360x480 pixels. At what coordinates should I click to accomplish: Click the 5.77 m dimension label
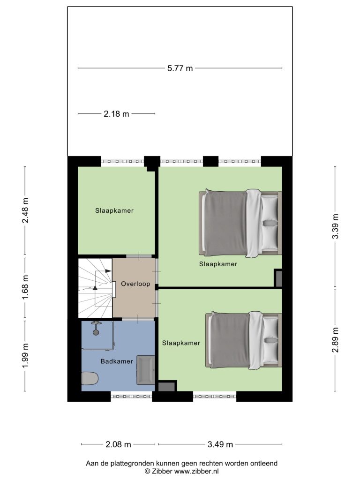180,68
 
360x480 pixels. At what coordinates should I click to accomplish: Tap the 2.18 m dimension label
116,114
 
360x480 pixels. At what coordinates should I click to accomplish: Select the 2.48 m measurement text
25,210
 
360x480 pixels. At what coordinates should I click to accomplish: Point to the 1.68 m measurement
25,287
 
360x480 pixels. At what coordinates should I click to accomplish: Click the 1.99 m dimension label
25,356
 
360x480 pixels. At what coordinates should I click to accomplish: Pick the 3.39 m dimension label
336,226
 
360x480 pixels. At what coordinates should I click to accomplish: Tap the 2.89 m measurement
336,340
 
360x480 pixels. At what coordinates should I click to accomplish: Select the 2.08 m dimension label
118,444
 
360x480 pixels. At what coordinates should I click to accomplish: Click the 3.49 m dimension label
220,444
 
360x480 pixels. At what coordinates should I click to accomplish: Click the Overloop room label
135,284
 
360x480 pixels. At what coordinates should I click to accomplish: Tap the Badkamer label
117,361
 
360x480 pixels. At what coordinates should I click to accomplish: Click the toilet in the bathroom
90,378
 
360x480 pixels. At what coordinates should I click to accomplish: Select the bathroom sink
145,370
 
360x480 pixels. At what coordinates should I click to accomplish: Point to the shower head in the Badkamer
96,328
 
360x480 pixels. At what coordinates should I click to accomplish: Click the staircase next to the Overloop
96,288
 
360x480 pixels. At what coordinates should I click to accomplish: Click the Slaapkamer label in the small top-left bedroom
114,210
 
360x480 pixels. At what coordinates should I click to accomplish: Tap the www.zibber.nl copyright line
181,471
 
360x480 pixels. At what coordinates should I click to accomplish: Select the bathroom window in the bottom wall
131,397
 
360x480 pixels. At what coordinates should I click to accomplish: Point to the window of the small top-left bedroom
123,161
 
